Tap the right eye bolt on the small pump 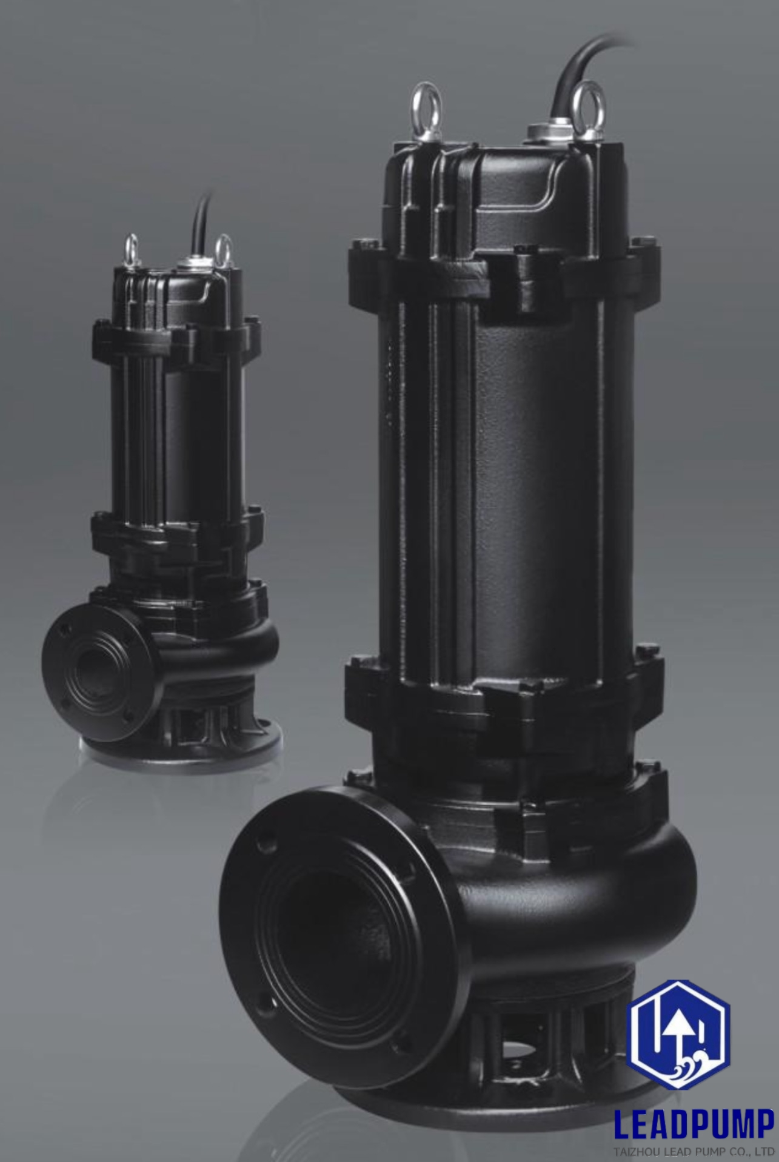pos(223,247)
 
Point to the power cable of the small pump pos(199,224)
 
